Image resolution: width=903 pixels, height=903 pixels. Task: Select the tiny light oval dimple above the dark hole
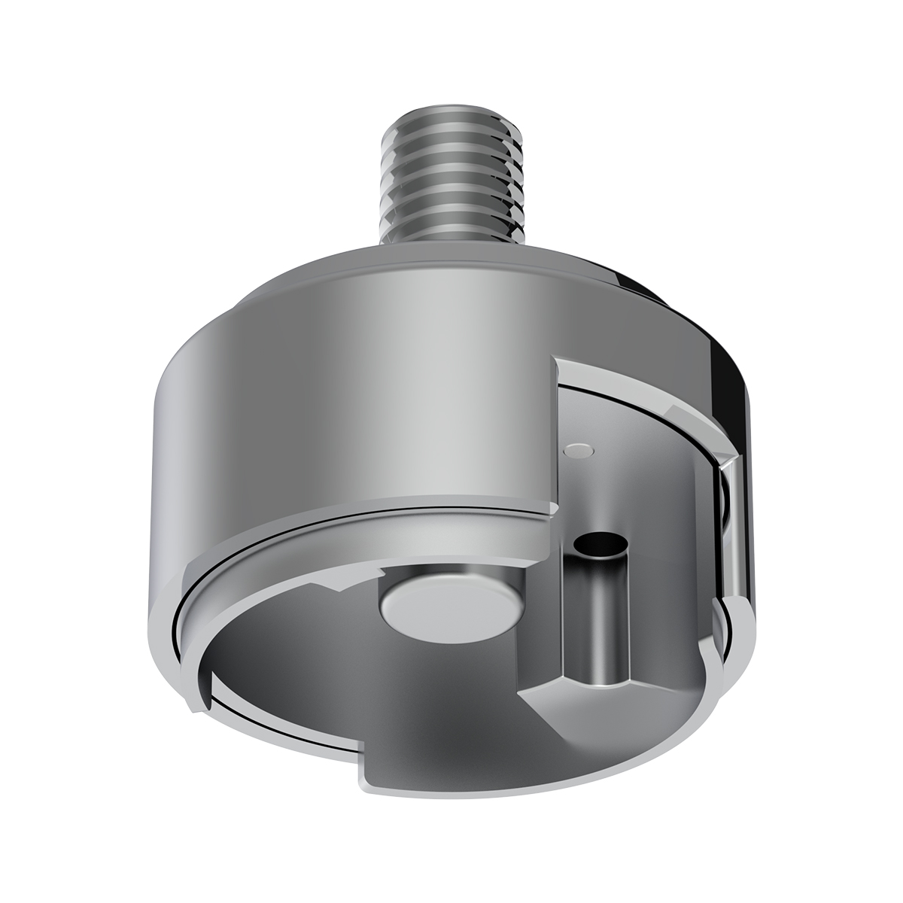pos(580,450)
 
